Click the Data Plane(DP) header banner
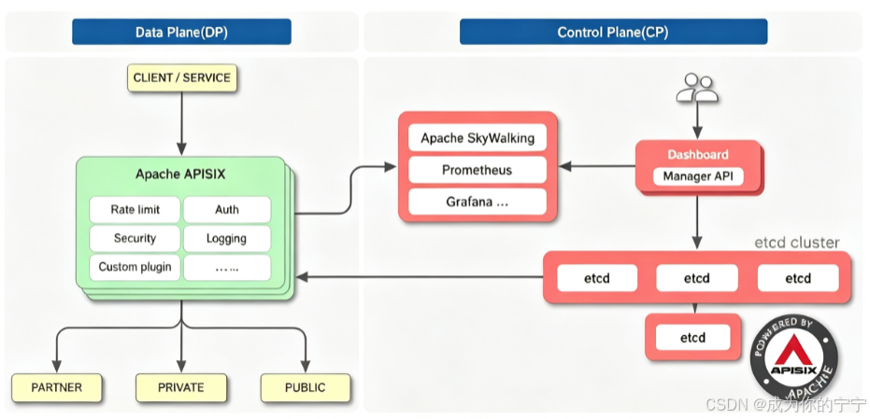pyautogui.click(x=181, y=32)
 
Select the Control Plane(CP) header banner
pyautogui.click(x=613, y=32)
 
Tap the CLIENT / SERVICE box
pyautogui.click(x=182, y=78)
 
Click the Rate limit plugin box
pyautogui.click(x=135, y=209)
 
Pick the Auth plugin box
pyautogui.click(x=227, y=209)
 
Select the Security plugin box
pyautogui.click(x=135, y=238)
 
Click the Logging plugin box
pyautogui.click(x=227, y=238)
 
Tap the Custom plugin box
pyautogui.click(x=135, y=267)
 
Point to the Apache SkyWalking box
pyautogui.click(x=478, y=138)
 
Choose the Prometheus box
pyautogui.click(x=478, y=170)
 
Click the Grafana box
pyautogui.click(x=478, y=202)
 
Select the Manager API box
pyautogui.click(x=697, y=176)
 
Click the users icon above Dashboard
pyautogui.click(x=697, y=88)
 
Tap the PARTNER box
pyautogui.click(x=57, y=387)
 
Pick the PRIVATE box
pyautogui.click(x=181, y=387)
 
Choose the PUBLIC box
pyautogui.click(x=306, y=387)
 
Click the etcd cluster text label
pyautogui.click(x=797, y=243)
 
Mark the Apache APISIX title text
pyautogui.click(x=180, y=174)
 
